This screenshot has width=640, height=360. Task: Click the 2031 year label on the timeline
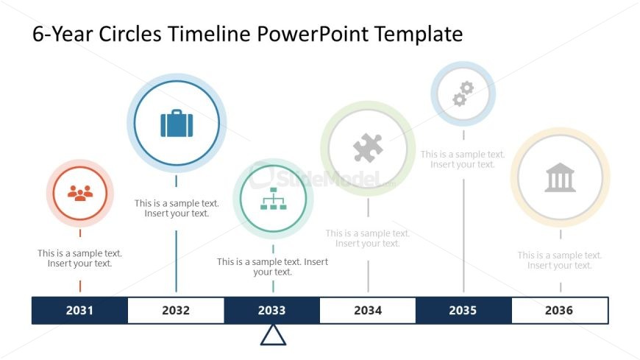[x=79, y=311]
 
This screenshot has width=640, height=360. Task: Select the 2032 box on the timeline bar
[x=176, y=311]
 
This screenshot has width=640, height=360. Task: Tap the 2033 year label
[x=271, y=311]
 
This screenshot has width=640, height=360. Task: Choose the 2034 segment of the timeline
[x=368, y=311]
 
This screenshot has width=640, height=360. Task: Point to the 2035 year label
[x=463, y=311]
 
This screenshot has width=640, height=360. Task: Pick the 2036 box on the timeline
[x=559, y=311]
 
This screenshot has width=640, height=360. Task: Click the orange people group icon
[x=80, y=193]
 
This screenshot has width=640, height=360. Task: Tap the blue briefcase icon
[x=177, y=123]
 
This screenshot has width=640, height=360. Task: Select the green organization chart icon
[x=273, y=199]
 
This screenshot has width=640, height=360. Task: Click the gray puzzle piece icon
[x=368, y=148]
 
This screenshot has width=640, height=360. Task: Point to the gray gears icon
[x=463, y=93]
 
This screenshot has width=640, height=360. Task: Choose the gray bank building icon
[x=560, y=177]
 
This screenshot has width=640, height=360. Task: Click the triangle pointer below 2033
[x=273, y=334]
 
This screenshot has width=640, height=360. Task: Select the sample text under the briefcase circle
[x=177, y=208]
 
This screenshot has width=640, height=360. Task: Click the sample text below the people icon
[x=80, y=258]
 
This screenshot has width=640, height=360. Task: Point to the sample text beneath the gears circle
[x=463, y=160]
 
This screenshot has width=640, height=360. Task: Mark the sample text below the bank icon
[x=560, y=261]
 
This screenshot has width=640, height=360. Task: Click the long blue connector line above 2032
[x=176, y=261]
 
